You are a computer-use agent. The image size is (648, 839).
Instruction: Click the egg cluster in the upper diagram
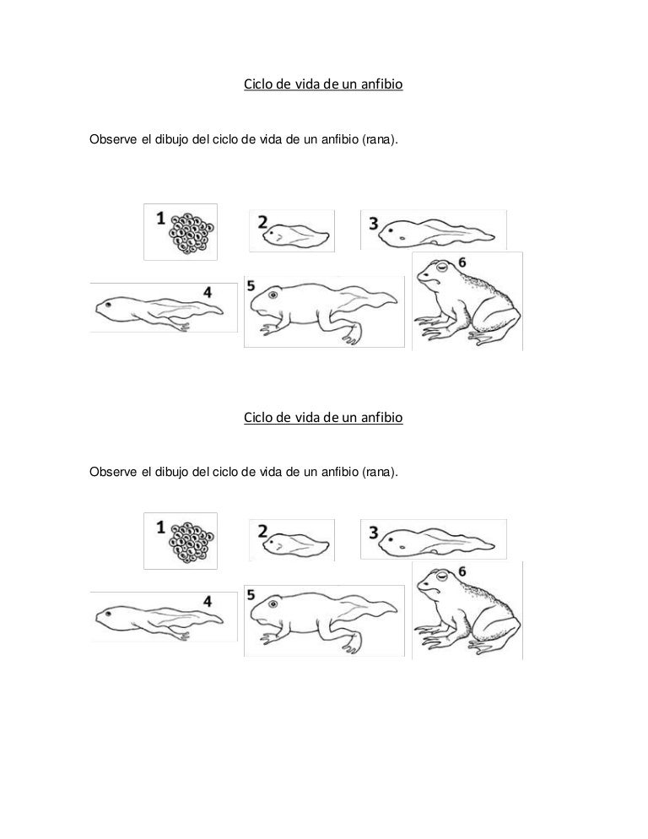(192, 233)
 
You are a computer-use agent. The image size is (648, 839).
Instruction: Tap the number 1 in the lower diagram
(160, 528)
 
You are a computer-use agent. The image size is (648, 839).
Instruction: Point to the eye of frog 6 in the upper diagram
(441, 266)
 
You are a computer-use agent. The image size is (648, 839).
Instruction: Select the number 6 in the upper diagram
(462, 263)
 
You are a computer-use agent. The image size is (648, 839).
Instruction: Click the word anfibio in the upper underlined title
(381, 84)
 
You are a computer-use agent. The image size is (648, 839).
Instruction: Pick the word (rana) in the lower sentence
(380, 473)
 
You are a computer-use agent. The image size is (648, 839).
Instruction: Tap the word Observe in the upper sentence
(113, 139)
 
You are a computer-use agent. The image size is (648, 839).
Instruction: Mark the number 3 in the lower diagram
(374, 533)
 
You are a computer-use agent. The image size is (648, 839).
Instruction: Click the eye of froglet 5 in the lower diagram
(274, 604)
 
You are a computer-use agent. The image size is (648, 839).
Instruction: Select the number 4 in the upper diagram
(208, 292)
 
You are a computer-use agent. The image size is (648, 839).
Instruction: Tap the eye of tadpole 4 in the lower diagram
(109, 613)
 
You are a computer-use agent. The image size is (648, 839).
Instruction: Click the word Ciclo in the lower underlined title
(257, 417)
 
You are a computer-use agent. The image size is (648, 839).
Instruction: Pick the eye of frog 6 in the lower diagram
(441, 576)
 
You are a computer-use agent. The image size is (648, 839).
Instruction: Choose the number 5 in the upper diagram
(251, 286)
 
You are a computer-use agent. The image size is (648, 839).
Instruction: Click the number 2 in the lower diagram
(262, 531)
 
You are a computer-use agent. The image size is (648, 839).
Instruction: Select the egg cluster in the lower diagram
(192, 542)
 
